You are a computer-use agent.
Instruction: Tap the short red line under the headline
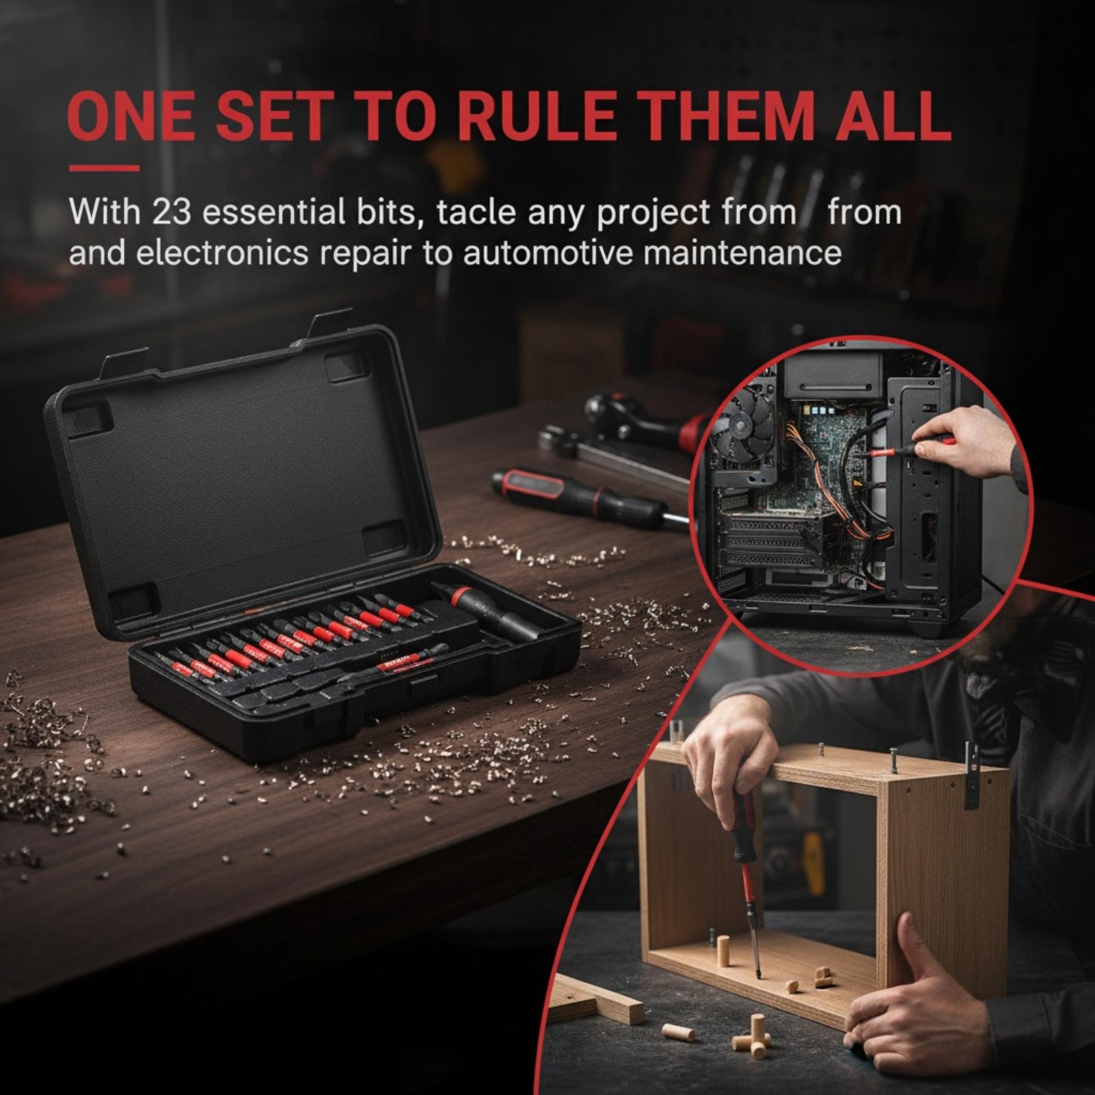104,168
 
